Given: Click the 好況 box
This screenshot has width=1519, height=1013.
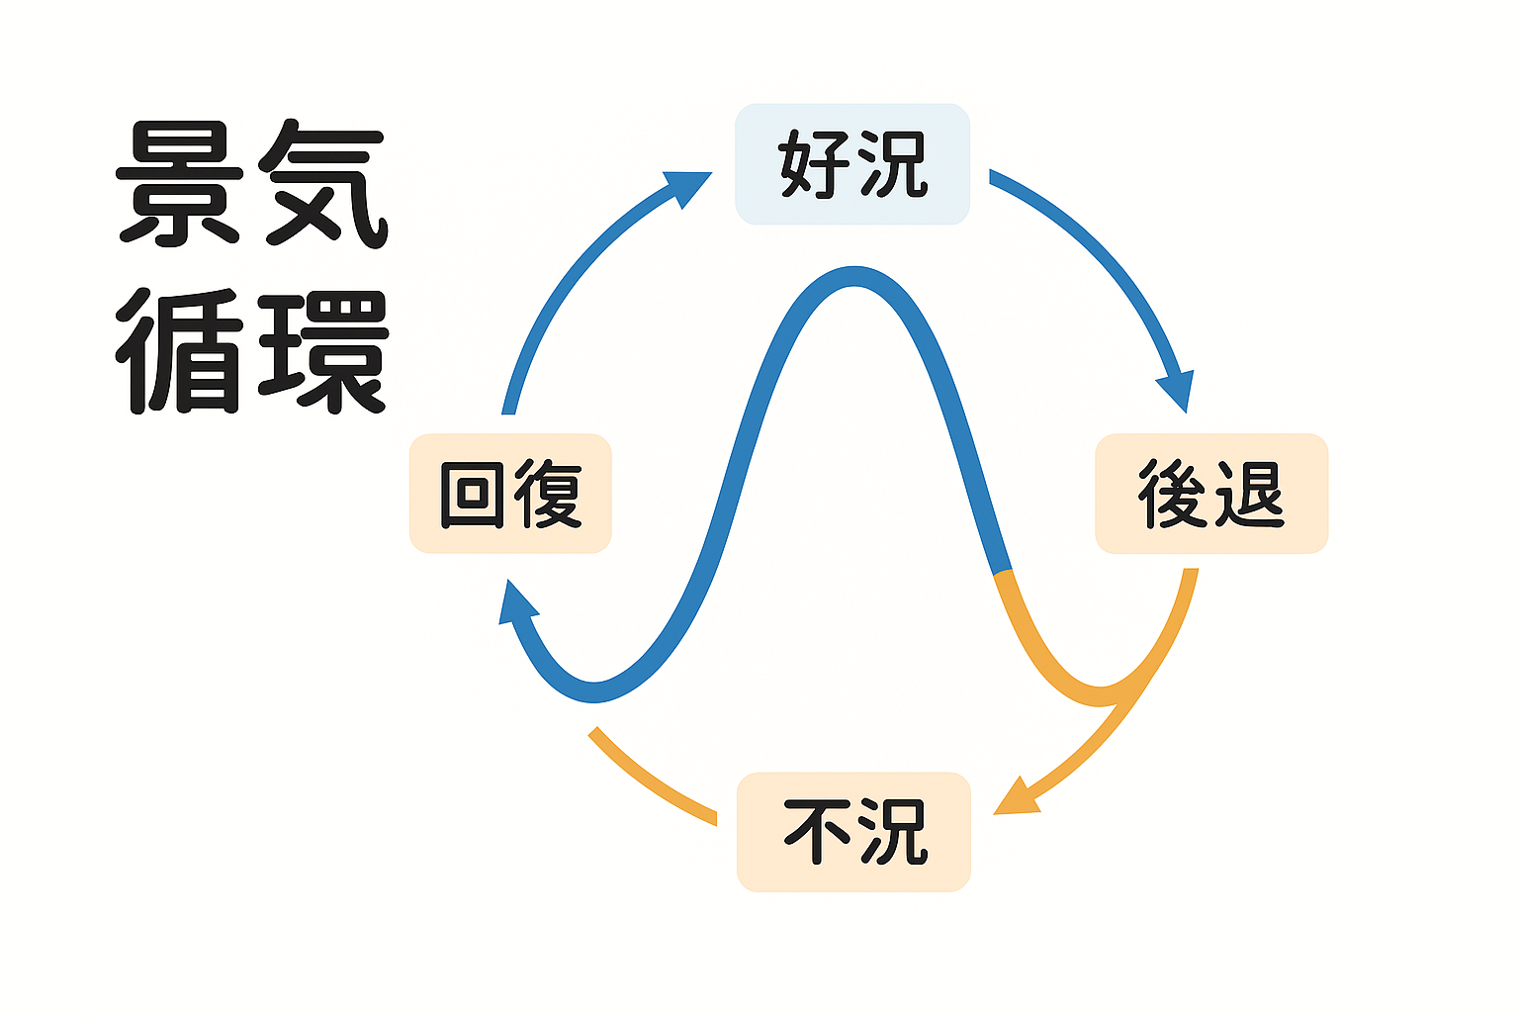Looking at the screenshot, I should tap(852, 164).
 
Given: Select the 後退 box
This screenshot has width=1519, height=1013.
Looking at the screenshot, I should tap(1211, 493).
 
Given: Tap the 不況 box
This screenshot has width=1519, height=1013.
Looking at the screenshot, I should tap(853, 831).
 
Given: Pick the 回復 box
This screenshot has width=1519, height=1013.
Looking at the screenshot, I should tap(510, 493).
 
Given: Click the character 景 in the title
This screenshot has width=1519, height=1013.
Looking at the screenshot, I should tap(180, 185).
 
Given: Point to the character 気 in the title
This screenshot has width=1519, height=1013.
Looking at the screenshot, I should tap(322, 185).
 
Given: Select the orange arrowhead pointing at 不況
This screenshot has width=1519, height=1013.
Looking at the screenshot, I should tap(1017, 797).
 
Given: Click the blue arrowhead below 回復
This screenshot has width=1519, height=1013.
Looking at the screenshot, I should tap(515, 604).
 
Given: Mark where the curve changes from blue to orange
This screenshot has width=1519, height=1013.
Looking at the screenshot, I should tap(1003, 573).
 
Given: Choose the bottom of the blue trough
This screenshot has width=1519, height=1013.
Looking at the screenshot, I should tap(593, 692).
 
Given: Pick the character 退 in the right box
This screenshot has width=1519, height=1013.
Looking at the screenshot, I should tap(1250, 493).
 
